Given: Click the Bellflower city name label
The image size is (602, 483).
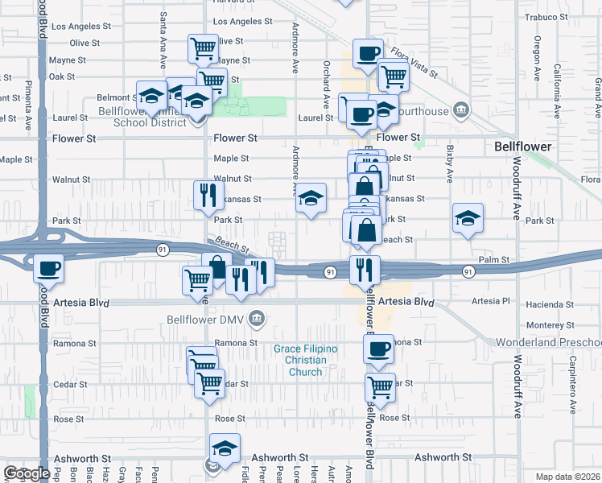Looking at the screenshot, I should (522, 147).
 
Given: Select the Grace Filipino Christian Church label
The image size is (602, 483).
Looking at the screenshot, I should (305, 360).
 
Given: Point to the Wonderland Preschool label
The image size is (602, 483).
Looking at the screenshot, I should (548, 342).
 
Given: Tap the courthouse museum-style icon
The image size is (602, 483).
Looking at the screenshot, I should (460, 109).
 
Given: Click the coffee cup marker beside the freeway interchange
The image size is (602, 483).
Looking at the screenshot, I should (48, 266).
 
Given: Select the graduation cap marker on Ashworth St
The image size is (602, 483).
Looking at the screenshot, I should (225, 448).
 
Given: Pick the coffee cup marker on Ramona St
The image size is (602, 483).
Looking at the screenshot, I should (378, 349).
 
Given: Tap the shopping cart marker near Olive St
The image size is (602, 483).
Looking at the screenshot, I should (204, 47).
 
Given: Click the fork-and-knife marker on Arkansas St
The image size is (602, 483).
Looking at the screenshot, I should (208, 194).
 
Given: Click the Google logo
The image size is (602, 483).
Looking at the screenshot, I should (27, 473).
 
